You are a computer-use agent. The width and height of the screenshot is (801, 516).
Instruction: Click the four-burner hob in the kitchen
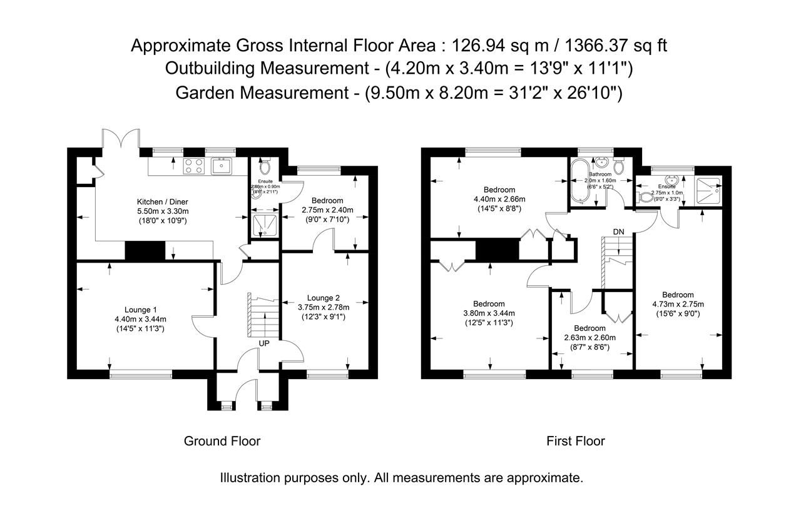pyautogui.click(x=194, y=166)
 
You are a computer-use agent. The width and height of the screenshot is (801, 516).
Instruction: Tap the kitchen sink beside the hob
pyautogui.click(x=222, y=166)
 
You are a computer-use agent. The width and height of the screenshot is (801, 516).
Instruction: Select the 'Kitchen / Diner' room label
pyautogui.click(x=163, y=202)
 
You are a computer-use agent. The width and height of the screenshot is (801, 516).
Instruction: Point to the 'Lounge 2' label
pyautogui.click(x=324, y=298)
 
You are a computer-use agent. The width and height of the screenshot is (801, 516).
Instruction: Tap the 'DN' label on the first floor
pyautogui.click(x=618, y=231)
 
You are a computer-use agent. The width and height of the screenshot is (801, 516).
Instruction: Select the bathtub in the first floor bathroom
pyautogui.click(x=579, y=181)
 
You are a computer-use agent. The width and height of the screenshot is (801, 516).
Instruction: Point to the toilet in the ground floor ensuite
pyautogui.click(x=263, y=166)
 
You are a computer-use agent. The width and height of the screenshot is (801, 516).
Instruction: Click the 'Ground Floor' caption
pyautogui.click(x=222, y=441)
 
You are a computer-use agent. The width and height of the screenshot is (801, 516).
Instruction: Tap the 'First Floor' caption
pyautogui.click(x=575, y=441)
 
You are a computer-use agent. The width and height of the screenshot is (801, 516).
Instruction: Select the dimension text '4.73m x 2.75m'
pyautogui.click(x=678, y=305)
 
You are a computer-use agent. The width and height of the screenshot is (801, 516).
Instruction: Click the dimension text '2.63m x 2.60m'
pyautogui.click(x=589, y=338)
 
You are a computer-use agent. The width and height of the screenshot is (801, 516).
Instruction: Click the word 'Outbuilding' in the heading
pyautogui.click(x=213, y=69)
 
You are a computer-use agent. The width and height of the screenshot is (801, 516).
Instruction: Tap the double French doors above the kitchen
pyautogui.click(x=121, y=141)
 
